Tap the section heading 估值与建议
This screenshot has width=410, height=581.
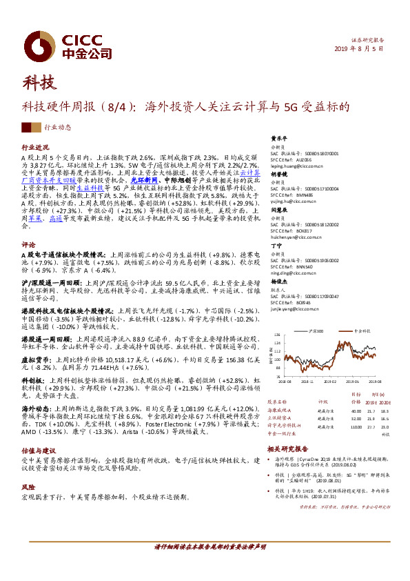(x=38, y=449)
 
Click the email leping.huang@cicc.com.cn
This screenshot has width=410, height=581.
(x=297, y=166)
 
